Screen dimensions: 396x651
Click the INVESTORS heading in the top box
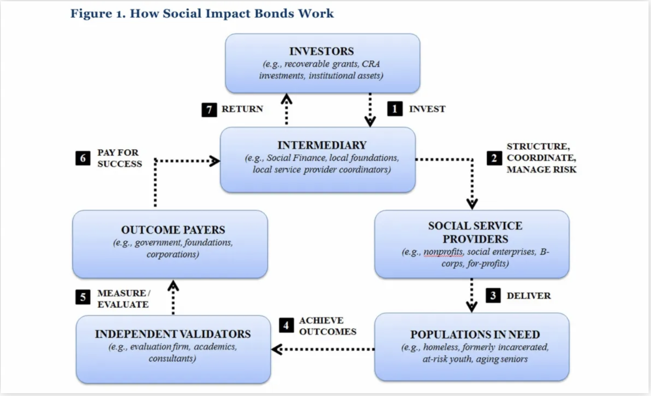[321, 51]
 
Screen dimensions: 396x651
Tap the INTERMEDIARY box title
[322, 145]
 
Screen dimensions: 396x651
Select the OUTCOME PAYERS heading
[173, 230]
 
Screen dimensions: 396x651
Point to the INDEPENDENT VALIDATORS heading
[173, 334]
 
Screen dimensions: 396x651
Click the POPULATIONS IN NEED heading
[475, 335]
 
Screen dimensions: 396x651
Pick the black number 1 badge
[395, 109]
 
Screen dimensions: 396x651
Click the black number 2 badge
[494, 158]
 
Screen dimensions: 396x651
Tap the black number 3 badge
[493, 296]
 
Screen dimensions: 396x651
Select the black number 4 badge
[286, 325]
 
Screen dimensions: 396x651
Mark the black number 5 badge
[83, 297]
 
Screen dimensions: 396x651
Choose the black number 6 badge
[83, 158]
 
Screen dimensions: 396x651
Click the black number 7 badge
[209, 109]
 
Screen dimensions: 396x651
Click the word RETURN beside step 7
[242, 109]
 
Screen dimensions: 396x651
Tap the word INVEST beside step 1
[427, 109]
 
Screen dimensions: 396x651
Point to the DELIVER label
[528, 296]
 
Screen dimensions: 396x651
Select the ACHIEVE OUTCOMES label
[327, 326]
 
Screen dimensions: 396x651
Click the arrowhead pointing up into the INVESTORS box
[287, 99]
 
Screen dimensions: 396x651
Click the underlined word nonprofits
[444, 252]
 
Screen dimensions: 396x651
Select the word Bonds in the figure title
[274, 14]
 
